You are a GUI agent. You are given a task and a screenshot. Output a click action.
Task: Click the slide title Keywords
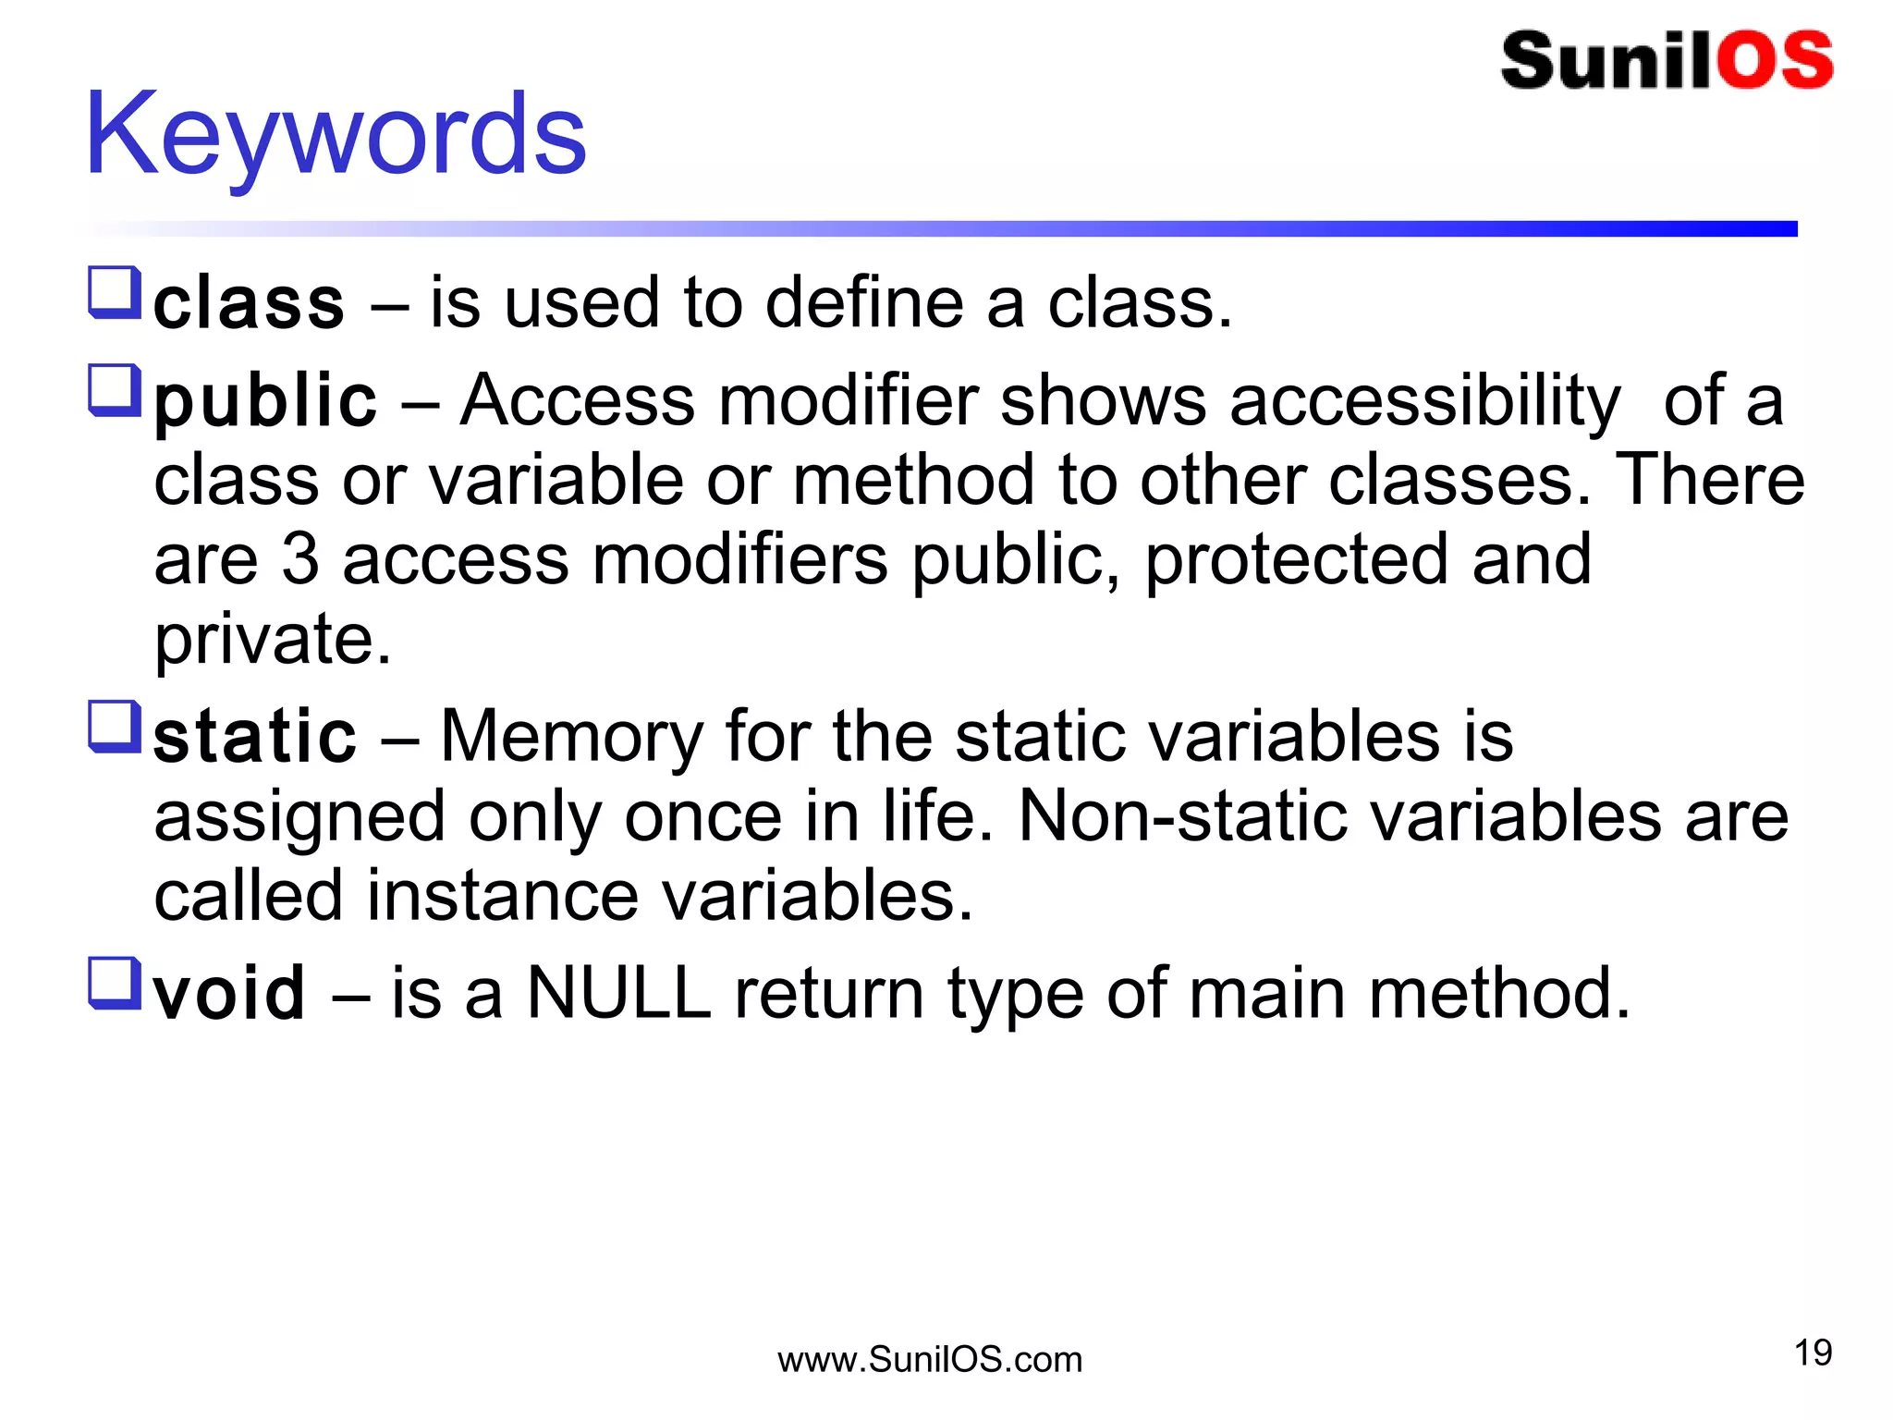[x=335, y=135]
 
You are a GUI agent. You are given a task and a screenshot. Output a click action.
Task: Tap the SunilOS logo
[x=1666, y=60]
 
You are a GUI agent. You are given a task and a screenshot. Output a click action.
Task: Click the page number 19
[x=1813, y=1353]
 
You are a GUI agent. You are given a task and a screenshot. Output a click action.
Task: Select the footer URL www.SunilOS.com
[x=929, y=1360]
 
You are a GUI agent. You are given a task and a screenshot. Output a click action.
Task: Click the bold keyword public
[x=265, y=402]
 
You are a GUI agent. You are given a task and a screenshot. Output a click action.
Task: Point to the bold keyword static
[x=254, y=737]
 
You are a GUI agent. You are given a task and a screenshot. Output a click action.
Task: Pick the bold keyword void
[x=228, y=993]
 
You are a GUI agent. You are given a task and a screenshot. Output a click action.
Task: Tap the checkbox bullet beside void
[x=115, y=983]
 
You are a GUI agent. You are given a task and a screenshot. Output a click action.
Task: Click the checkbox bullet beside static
[x=115, y=727]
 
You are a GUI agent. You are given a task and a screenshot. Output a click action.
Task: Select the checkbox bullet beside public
[x=115, y=390]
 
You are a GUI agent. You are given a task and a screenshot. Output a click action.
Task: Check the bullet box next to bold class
[x=115, y=292]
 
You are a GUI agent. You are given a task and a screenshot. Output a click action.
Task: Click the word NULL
[x=618, y=993]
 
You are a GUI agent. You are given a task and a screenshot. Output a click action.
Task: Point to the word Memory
[x=571, y=737]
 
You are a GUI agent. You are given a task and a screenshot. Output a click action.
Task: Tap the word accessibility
[x=1424, y=402]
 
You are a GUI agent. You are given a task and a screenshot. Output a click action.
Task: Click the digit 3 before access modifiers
[x=300, y=559]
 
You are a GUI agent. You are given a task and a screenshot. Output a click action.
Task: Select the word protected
[x=1296, y=561]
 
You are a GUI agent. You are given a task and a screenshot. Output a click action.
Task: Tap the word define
[x=864, y=303]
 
